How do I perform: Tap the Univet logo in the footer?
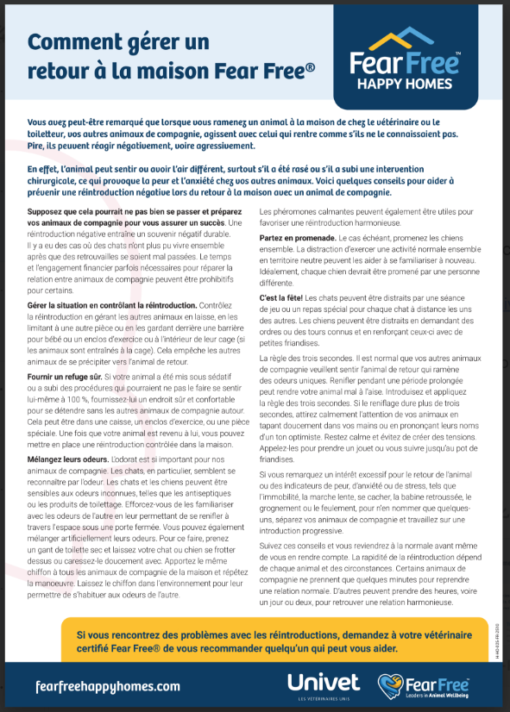click(x=323, y=683)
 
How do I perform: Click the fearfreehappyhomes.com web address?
click(x=96, y=686)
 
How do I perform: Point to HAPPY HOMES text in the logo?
click(x=405, y=84)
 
